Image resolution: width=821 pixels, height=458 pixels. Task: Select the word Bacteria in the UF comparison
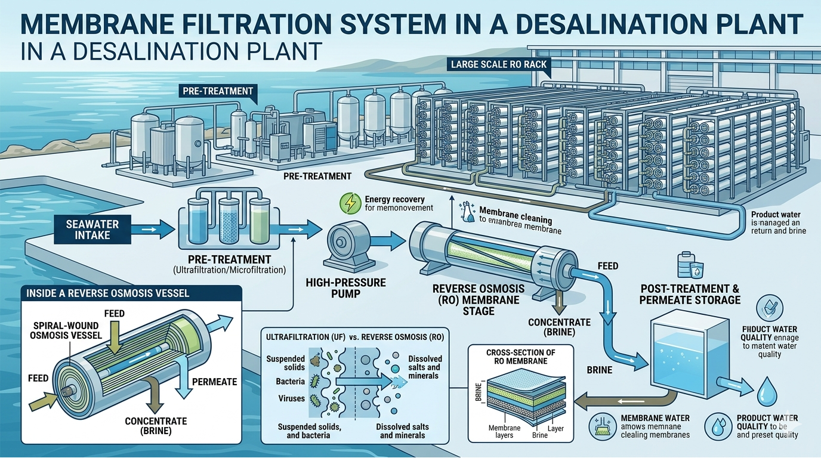pyautogui.click(x=291, y=380)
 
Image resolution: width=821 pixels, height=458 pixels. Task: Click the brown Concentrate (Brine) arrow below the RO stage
pyautogui.click(x=558, y=301)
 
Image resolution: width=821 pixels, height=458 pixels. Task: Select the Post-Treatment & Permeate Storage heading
pyautogui.click(x=690, y=293)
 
